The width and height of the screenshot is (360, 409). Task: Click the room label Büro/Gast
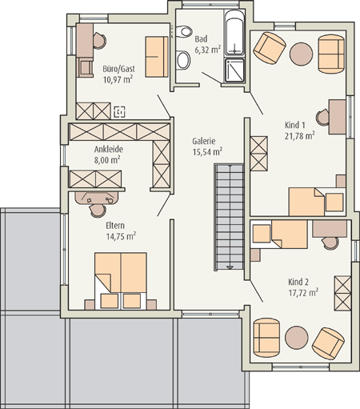coord(119,69)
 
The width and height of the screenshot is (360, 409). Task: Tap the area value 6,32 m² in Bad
coord(208,50)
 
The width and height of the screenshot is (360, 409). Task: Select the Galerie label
coord(204,141)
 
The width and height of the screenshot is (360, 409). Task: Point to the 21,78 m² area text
coord(299,135)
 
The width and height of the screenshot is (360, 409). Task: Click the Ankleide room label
coord(109,149)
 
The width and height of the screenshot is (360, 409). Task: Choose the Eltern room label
coord(115,226)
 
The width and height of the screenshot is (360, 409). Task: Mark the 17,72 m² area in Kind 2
coord(303,292)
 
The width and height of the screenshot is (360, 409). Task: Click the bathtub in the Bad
coord(234,33)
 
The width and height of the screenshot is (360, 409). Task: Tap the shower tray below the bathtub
coord(234,70)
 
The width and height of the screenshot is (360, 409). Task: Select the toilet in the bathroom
coord(185,31)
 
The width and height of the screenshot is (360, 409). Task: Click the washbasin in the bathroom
coord(183,60)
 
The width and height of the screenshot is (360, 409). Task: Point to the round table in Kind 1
coord(301,54)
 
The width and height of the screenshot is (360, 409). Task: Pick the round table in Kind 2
coord(297,338)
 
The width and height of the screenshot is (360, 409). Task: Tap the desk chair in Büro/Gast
coord(99,41)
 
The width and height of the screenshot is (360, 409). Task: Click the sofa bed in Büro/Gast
coord(157,57)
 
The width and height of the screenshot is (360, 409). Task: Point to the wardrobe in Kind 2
coord(343,293)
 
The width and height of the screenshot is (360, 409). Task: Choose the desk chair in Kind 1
coord(322,117)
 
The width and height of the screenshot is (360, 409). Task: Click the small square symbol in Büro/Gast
coord(119,112)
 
